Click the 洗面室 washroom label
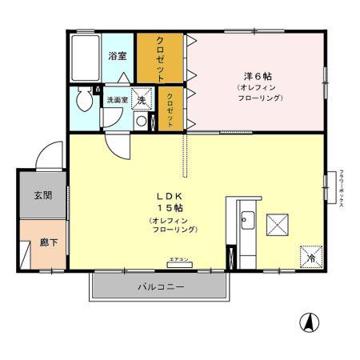[x=117, y=100]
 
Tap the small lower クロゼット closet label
[x=170, y=110]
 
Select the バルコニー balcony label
[x=160, y=286]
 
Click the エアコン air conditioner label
[x=178, y=260]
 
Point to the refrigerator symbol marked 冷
[x=310, y=256]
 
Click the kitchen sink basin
[x=246, y=220]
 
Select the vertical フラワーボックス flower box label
[x=342, y=189]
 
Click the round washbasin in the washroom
[x=141, y=122]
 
